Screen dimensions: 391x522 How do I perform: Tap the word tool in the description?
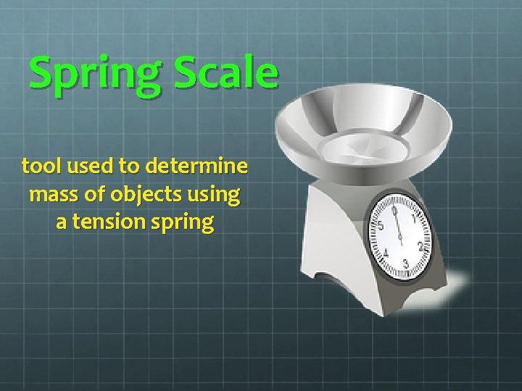(x=41, y=167)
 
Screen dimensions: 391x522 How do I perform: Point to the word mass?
(x=51, y=195)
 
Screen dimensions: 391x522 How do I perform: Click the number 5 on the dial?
(x=381, y=226)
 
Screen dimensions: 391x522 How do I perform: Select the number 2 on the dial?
(x=420, y=246)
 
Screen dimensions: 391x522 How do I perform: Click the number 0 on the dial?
(x=394, y=210)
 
